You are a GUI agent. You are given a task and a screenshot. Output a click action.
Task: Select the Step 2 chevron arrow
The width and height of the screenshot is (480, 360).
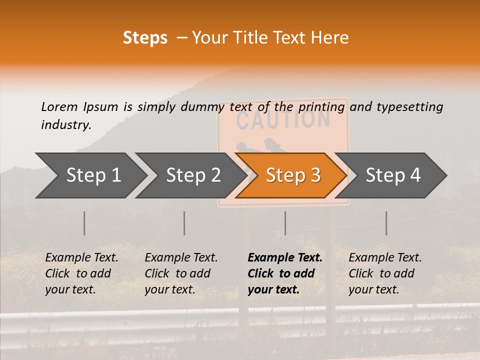click(x=192, y=175)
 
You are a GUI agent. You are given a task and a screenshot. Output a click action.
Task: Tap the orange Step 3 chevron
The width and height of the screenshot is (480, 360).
click(x=292, y=175)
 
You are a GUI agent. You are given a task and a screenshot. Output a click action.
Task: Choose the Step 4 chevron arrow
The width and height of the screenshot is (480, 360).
click(x=392, y=175)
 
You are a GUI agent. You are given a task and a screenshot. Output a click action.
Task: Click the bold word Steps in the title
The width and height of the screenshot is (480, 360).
click(x=145, y=38)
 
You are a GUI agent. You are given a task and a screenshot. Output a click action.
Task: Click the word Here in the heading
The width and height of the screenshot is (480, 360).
click(x=329, y=38)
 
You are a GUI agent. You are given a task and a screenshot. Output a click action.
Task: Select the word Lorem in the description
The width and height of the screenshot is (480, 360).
click(x=59, y=106)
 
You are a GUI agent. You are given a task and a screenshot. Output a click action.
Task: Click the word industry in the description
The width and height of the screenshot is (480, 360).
click(x=65, y=124)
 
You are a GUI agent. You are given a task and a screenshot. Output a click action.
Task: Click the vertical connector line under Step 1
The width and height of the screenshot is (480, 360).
click(x=84, y=223)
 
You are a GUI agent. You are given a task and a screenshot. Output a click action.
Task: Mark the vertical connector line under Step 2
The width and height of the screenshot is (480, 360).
click(x=184, y=223)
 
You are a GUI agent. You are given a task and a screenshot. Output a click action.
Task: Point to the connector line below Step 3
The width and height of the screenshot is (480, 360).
click(x=285, y=223)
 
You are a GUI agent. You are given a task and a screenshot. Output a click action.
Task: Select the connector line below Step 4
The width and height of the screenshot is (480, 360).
click(x=386, y=223)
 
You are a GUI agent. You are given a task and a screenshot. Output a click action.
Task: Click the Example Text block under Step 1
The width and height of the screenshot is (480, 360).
click(x=81, y=273)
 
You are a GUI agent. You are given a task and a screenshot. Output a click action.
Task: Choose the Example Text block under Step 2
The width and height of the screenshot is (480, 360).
click(x=181, y=273)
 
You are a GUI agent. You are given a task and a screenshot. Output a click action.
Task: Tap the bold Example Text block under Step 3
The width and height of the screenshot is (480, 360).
click(x=285, y=273)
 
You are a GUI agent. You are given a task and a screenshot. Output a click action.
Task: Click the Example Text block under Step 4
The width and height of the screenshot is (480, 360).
click(x=385, y=273)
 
